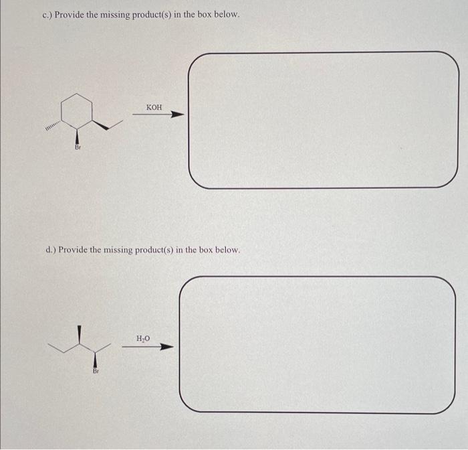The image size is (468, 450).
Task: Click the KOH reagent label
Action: point(153,107)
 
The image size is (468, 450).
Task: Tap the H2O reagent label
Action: point(143,338)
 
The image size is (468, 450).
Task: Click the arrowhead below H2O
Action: point(166,347)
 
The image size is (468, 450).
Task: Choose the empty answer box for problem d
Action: point(317,344)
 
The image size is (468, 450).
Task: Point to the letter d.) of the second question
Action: point(50,249)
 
